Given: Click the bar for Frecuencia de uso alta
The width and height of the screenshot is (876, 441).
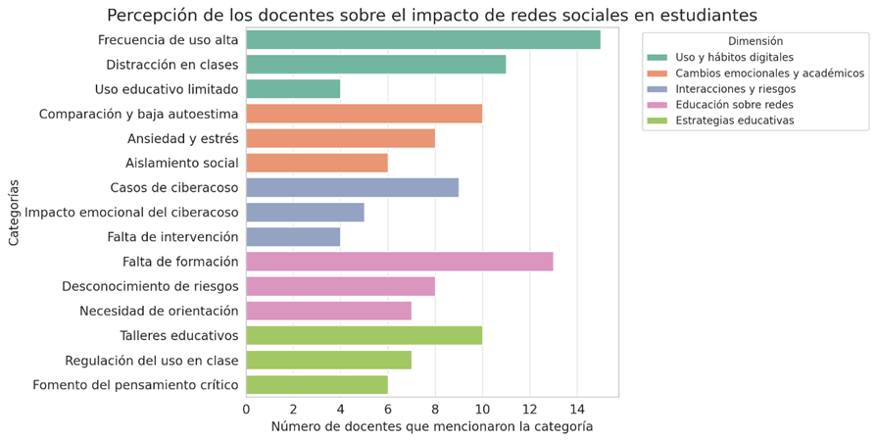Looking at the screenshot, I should [422, 40].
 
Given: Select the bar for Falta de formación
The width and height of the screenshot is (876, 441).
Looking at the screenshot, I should [399, 262].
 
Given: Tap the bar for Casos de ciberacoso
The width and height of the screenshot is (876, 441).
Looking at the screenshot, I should [352, 187].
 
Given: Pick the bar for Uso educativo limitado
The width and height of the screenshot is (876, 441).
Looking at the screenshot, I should [293, 89].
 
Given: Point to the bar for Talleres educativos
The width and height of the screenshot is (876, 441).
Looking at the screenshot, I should [364, 335].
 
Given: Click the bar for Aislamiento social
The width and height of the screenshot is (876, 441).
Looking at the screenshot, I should [316, 163].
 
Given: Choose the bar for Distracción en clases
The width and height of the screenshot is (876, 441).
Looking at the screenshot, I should [375, 65].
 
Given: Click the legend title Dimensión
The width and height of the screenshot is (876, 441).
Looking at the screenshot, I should [755, 42].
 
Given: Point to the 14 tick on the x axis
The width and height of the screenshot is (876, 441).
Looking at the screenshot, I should [576, 409].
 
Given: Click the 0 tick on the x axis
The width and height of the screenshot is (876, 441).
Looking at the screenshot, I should [246, 409].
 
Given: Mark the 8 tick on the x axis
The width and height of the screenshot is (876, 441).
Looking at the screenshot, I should [435, 409].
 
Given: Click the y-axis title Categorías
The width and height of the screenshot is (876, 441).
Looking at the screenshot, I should [14, 212].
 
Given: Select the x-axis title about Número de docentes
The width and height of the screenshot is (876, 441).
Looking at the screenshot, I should [431, 427].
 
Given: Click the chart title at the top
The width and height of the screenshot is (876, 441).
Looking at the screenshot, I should [431, 15].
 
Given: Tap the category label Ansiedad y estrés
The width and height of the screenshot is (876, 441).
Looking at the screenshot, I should [182, 139].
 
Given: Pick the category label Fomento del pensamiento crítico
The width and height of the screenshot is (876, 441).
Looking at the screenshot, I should [135, 385].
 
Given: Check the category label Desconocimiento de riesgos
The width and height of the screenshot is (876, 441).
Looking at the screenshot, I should [150, 286].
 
